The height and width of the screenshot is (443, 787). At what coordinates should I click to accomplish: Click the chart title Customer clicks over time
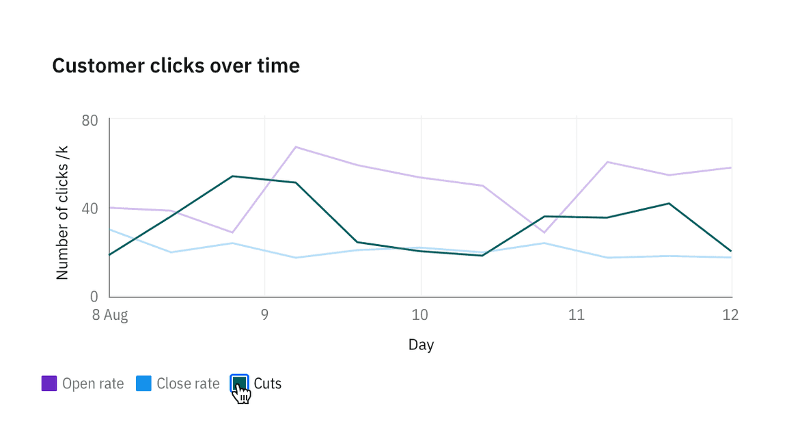click(176, 66)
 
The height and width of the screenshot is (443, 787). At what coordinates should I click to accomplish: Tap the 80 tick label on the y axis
click(89, 121)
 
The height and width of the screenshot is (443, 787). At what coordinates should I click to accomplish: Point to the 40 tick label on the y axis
click(89, 209)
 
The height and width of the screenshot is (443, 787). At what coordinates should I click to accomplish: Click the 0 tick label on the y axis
click(94, 297)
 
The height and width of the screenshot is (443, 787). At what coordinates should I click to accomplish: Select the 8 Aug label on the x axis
click(110, 315)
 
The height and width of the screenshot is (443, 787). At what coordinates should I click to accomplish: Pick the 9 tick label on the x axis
click(264, 315)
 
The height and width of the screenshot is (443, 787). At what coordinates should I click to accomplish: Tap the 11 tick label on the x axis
click(577, 315)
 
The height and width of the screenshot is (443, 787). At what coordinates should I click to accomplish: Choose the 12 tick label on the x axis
click(730, 315)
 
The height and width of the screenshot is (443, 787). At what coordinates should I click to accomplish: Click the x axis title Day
click(421, 345)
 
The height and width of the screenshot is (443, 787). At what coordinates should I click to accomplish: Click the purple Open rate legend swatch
click(49, 384)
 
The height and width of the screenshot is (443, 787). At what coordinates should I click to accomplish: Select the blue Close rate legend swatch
click(143, 384)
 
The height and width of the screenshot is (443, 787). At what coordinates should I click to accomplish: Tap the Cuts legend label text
click(267, 384)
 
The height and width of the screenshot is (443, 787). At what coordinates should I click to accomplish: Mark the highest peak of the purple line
click(296, 147)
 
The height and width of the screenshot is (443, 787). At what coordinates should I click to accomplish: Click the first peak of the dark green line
click(233, 176)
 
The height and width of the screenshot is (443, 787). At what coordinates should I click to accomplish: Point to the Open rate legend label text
click(93, 384)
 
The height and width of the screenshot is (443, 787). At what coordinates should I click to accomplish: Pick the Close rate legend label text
click(188, 384)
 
